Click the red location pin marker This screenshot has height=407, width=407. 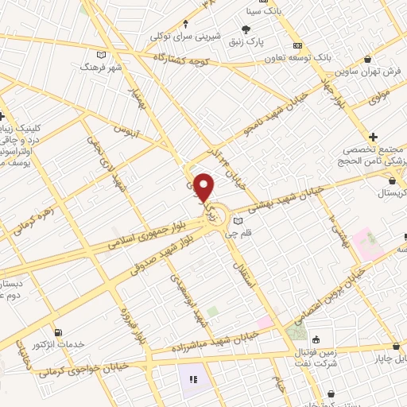[204, 187]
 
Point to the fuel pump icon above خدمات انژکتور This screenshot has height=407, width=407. [57, 332]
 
